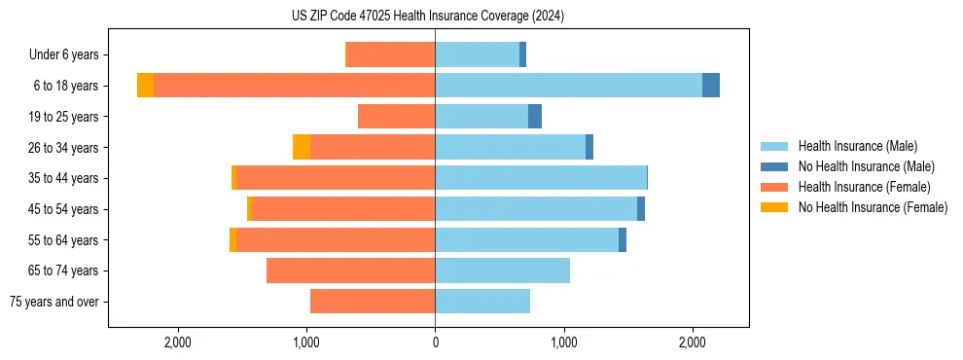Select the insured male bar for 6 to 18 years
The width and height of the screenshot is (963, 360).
(568, 86)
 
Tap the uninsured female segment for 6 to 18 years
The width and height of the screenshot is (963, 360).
(145, 86)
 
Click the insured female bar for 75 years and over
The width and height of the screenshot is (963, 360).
(373, 302)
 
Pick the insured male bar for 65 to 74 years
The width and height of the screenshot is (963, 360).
(502, 270)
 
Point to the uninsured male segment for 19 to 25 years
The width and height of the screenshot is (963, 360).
(535, 117)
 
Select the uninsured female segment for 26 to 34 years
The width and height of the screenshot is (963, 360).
(302, 147)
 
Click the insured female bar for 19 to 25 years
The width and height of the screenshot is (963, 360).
(396, 117)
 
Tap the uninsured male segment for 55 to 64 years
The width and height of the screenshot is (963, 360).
(623, 239)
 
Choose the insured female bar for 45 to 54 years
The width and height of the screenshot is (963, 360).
(343, 208)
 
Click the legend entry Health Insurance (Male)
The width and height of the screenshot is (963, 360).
(857, 146)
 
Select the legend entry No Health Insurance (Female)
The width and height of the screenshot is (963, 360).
(873, 207)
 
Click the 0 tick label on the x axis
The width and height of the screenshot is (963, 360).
(435, 343)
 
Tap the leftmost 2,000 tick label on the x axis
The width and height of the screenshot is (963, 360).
(178, 343)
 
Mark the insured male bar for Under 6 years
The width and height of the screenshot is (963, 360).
(477, 54)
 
